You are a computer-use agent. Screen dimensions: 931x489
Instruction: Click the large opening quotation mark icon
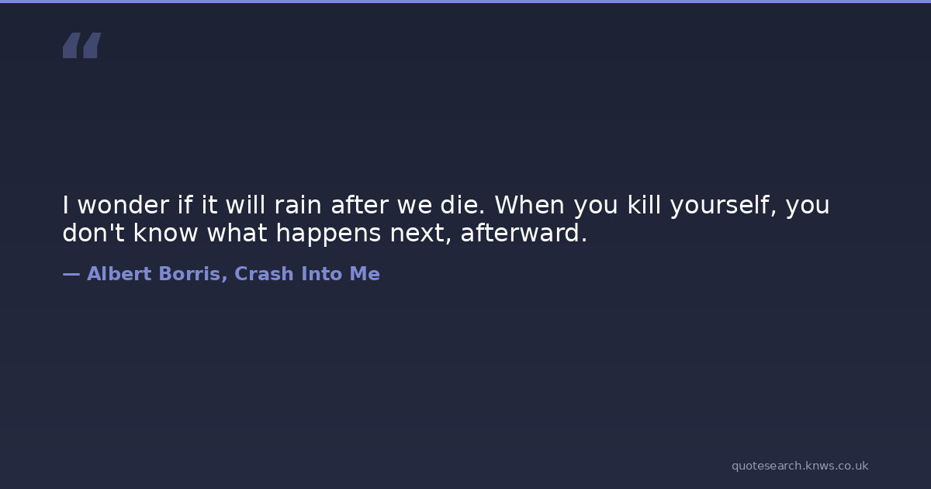coord(82,45)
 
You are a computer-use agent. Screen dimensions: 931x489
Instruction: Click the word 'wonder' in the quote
coord(123,205)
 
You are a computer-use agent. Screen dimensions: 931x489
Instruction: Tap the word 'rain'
coord(298,205)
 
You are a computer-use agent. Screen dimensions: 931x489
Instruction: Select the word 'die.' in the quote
coord(462,205)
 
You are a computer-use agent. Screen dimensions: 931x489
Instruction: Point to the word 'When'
coord(529,205)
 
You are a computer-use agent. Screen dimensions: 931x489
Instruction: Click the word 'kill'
coord(644,205)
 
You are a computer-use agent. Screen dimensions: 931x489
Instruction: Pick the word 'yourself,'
coord(724,206)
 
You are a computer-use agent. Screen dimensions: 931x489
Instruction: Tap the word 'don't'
coord(94,232)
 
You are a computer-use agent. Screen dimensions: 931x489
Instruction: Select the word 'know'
coord(165,232)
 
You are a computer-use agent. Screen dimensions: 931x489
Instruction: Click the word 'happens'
coord(328,234)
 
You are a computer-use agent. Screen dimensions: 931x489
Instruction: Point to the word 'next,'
coord(421,234)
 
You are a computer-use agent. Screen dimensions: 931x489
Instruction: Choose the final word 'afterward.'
coord(524,232)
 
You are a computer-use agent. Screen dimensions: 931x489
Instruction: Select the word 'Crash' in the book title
coord(264,273)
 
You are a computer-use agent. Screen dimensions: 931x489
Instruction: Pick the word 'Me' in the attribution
coord(365,273)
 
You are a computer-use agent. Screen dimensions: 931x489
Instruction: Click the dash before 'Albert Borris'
coord(71,274)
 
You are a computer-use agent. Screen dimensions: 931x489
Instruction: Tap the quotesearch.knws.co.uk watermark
coord(800,466)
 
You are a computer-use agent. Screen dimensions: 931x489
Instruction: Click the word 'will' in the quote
coord(245,205)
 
